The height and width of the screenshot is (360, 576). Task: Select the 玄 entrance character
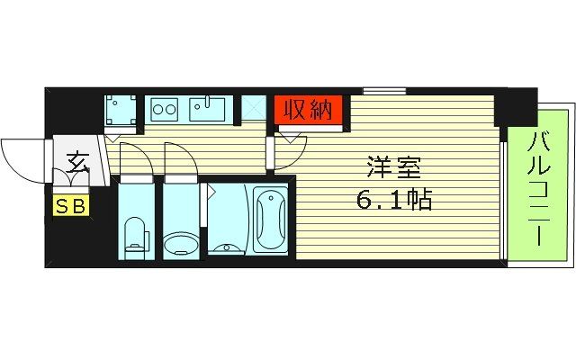(76, 164)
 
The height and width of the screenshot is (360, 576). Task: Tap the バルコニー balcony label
(540, 191)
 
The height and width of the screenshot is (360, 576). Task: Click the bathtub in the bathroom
(270, 220)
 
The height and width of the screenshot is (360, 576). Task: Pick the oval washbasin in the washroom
(180, 243)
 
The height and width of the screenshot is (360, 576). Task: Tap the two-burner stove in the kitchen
(165, 110)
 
